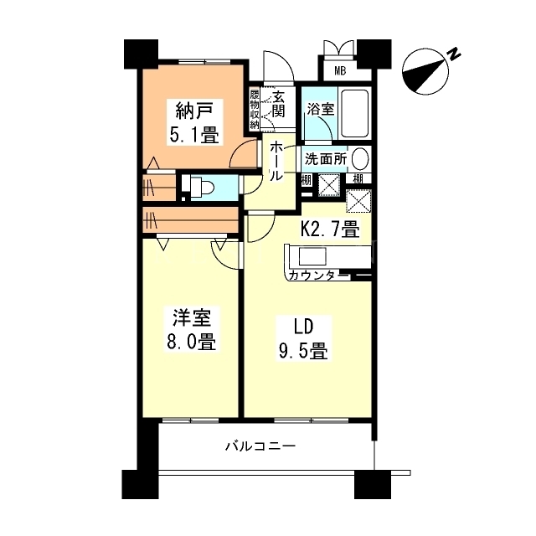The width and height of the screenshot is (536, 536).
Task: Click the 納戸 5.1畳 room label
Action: click(x=193, y=122)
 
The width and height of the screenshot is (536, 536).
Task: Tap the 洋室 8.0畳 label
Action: click(x=192, y=329)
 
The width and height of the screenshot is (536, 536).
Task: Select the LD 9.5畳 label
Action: click(x=303, y=338)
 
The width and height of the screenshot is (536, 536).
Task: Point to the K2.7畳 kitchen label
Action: click(x=330, y=229)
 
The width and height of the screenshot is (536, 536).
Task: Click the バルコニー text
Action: click(x=260, y=446)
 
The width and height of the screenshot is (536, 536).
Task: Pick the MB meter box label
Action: click(x=340, y=70)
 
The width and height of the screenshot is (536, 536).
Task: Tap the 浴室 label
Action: click(x=320, y=110)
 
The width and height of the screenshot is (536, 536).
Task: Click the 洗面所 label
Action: click(x=326, y=159)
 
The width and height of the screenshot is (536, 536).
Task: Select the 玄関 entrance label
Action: click(x=278, y=105)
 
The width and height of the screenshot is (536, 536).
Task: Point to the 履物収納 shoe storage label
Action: click(x=255, y=110)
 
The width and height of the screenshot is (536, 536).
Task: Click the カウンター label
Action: click(x=318, y=276)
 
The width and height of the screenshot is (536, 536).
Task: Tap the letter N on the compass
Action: click(x=454, y=54)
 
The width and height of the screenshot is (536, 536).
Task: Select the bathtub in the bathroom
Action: click(x=355, y=114)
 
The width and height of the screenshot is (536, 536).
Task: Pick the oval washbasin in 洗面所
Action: click(x=360, y=158)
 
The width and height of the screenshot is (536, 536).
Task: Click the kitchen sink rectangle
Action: click(x=312, y=256)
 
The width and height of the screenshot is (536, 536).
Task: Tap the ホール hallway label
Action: click(x=276, y=161)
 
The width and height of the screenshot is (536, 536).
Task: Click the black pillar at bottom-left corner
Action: click(x=140, y=484)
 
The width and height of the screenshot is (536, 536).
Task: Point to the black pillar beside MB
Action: click(x=374, y=54)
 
